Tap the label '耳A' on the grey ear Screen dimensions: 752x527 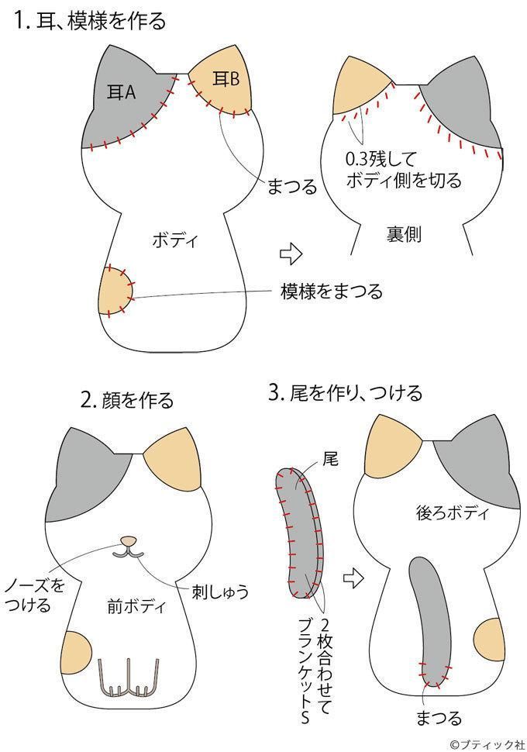(x=120, y=93)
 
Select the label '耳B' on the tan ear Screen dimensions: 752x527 (x=225, y=78)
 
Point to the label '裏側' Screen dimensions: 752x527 (x=403, y=235)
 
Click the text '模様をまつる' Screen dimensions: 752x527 (x=331, y=291)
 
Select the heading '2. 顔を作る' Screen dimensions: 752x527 (x=127, y=400)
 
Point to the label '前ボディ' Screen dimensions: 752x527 (x=136, y=607)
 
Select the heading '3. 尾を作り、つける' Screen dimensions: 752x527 (x=345, y=393)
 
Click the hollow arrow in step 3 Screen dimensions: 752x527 (x=353, y=577)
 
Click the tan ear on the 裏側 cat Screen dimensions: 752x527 (x=360, y=89)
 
